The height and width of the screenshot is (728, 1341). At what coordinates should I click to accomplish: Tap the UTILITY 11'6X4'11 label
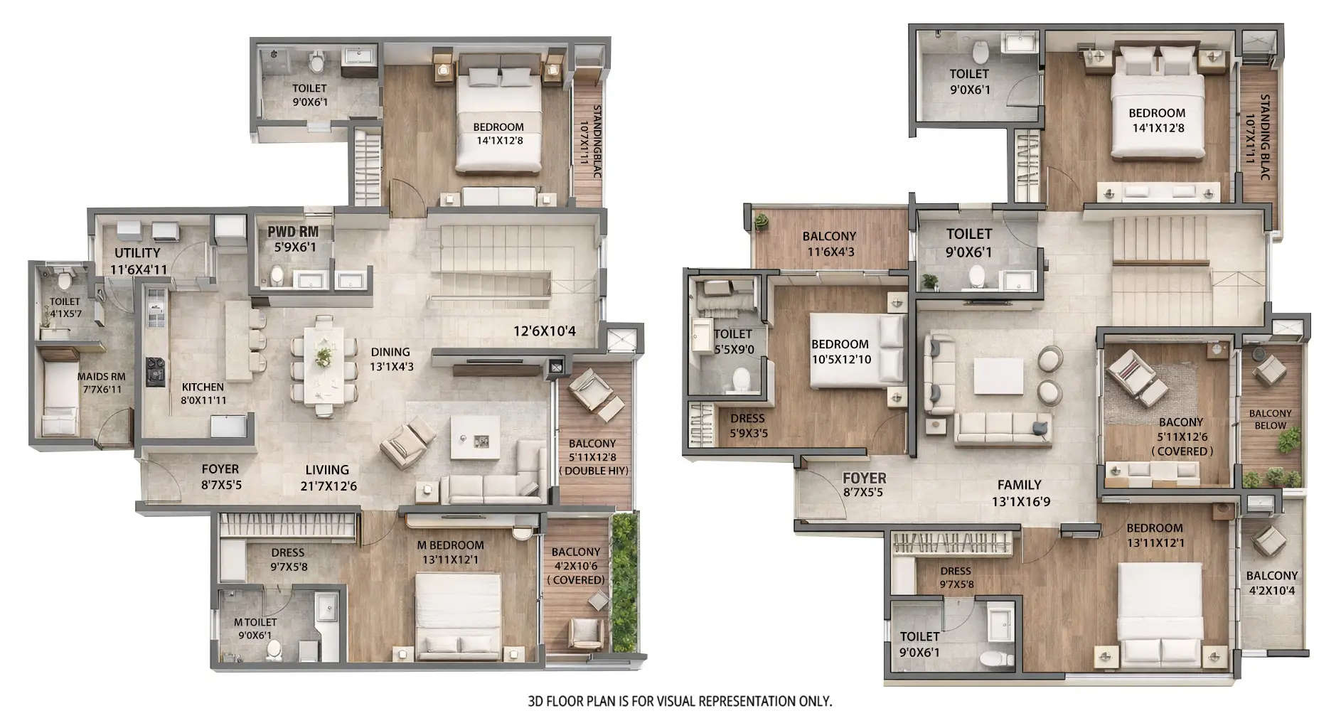coord(138,260)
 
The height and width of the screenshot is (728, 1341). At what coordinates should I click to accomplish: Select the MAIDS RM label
coord(102,382)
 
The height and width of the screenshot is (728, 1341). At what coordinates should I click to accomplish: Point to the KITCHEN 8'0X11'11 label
coord(203,393)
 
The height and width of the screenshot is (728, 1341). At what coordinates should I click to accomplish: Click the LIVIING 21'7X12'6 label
coord(328,478)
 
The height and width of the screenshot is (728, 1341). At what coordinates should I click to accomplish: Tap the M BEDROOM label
coord(450,552)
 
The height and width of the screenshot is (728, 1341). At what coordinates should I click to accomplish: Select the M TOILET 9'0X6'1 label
coord(255,628)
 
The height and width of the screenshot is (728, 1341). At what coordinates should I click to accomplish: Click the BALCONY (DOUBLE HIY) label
coord(592,456)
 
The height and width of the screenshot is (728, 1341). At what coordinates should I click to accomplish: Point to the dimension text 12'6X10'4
coord(544,331)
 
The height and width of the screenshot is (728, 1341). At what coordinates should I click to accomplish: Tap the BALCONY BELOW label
coord(1270,419)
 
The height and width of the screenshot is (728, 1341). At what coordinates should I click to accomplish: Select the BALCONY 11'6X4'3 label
coord(829,243)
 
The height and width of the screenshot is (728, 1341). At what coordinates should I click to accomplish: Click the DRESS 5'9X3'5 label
coord(747,425)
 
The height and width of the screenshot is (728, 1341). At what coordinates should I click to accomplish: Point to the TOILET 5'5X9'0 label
coord(732,341)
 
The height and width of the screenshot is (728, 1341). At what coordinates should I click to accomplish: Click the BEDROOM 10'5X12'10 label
coord(840,351)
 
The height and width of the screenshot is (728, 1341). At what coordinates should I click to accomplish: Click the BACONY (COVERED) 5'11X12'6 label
coord(1181,436)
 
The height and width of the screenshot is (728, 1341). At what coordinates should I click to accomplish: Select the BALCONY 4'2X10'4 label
coord(1272,582)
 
